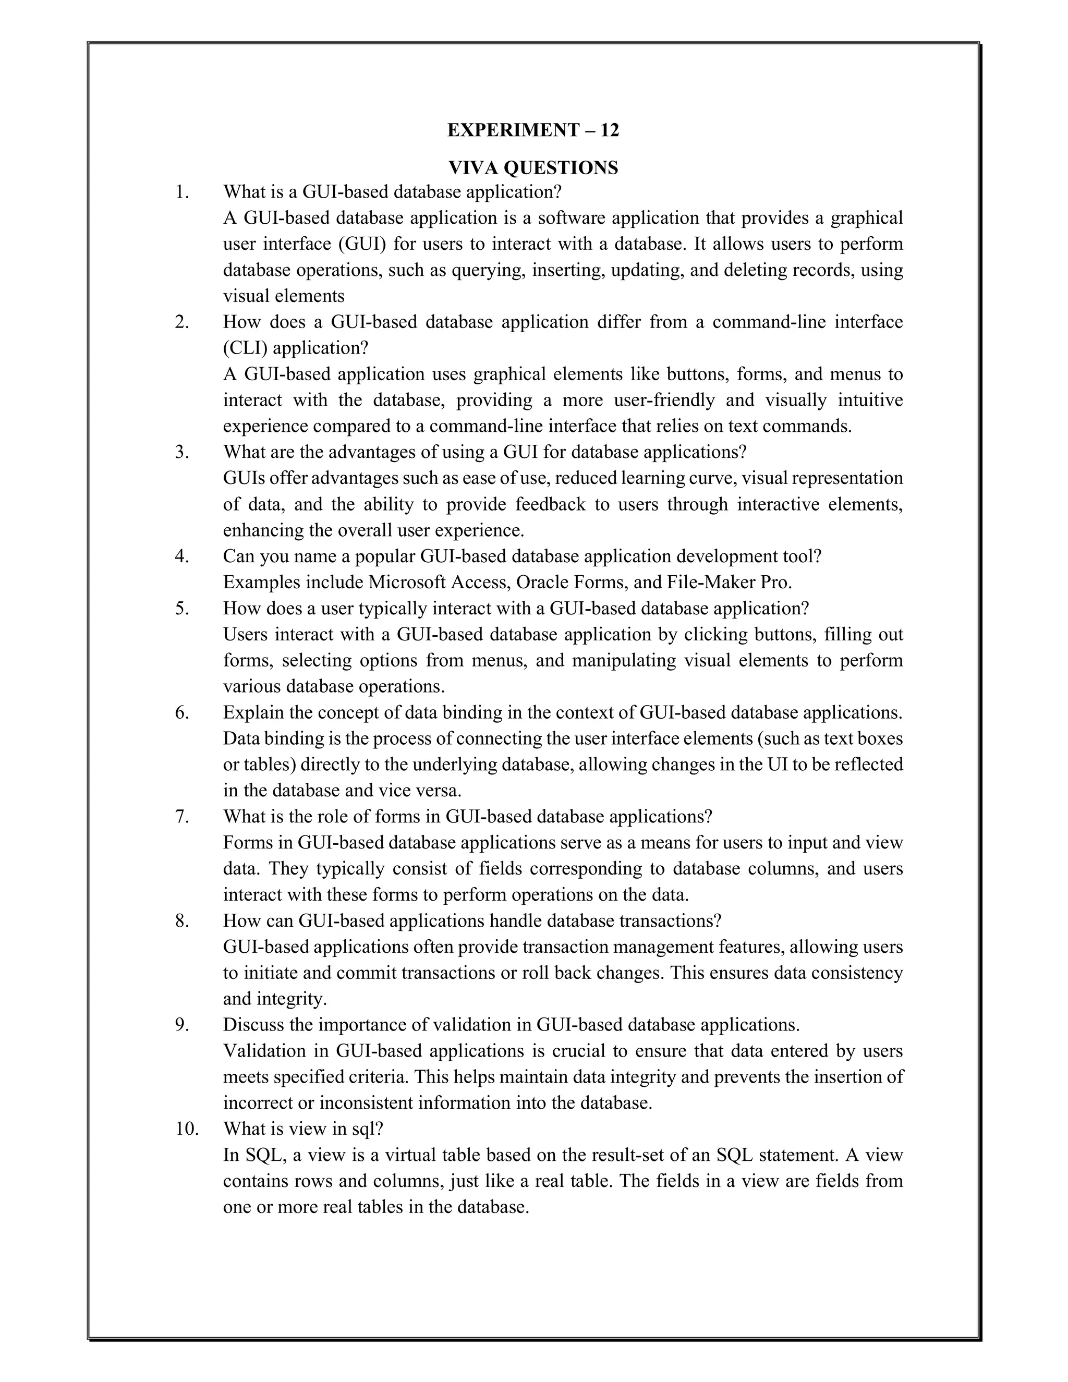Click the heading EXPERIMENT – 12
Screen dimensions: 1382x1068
[x=533, y=130]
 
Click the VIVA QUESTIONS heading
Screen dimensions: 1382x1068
[x=533, y=168]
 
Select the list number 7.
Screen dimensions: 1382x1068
[x=182, y=817]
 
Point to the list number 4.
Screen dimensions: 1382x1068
[x=182, y=557]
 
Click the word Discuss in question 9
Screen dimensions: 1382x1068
[x=251, y=1025]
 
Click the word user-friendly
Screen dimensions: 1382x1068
[x=664, y=401]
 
